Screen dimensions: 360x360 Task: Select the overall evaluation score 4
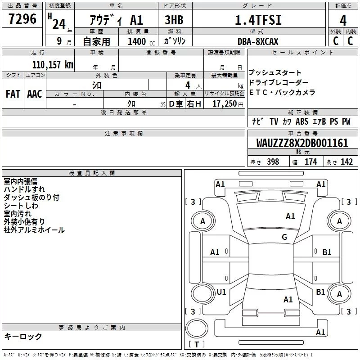coord(343,21)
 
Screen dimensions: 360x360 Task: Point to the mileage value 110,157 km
coord(53,65)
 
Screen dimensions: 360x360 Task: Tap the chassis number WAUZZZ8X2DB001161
coord(302,144)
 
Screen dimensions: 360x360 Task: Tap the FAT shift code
coord(13,94)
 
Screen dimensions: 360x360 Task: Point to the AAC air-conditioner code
coord(35,94)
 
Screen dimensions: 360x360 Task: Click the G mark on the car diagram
coord(284,237)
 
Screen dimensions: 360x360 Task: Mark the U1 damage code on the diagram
coord(221,292)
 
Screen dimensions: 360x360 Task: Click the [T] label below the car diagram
coord(196,345)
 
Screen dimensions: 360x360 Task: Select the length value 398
coord(273,162)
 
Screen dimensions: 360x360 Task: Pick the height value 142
coord(346,162)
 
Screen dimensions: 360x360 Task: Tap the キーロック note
coord(23,337)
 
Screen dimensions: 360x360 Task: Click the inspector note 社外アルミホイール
coord(34,230)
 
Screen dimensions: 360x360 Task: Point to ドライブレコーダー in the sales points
coord(279,83)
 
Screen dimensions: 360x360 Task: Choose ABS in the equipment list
coord(302,121)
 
